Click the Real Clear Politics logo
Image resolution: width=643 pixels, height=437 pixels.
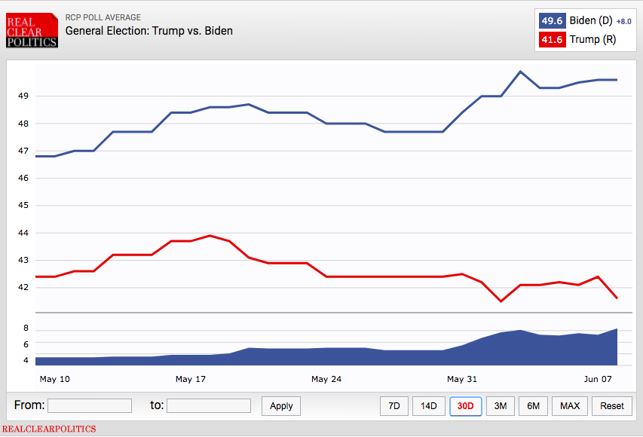(x=32, y=31)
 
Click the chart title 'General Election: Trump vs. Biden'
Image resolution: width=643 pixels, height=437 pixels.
(x=149, y=31)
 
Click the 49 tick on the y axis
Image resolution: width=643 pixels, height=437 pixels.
(x=24, y=96)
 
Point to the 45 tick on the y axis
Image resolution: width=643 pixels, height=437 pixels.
(x=24, y=205)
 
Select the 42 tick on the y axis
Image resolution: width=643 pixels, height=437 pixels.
(x=24, y=287)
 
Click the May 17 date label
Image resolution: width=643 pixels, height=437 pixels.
(x=190, y=379)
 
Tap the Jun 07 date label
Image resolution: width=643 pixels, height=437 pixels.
(x=597, y=379)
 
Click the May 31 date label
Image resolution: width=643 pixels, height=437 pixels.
(x=461, y=379)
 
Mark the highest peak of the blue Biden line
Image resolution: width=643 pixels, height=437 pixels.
(x=520, y=72)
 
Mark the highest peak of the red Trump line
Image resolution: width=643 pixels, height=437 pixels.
(x=210, y=235)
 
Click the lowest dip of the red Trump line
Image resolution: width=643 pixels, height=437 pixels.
(x=501, y=301)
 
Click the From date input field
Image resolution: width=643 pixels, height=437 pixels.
(x=89, y=405)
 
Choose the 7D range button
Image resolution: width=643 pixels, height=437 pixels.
(x=393, y=405)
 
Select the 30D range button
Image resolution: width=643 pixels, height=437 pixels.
(x=465, y=405)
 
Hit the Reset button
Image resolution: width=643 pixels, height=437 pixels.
(x=611, y=405)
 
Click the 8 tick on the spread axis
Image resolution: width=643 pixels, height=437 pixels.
(x=26, y=329)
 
